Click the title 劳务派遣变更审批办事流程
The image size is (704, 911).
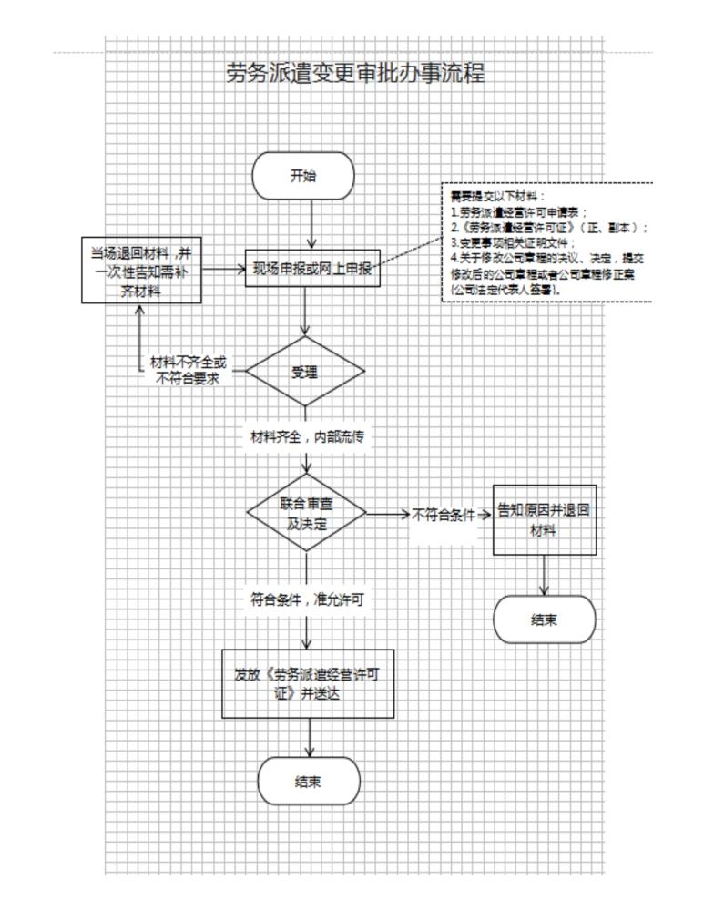[x=355, y=74]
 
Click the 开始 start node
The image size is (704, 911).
[x=303, y=176]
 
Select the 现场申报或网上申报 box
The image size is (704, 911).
[x=311, y=269]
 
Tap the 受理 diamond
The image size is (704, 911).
[x=304, y=372]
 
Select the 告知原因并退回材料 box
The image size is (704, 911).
[x=545, y=519]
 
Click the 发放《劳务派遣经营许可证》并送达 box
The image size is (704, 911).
[x=309, y=683]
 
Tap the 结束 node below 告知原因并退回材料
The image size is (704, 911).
[x=544, y=619]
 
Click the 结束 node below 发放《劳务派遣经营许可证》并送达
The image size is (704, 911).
[x=309, y=781]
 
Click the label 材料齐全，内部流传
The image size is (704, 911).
[x=306, y=436]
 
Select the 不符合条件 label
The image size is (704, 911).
[x=444, y=515]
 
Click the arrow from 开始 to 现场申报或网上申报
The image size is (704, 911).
[x=312, y=223]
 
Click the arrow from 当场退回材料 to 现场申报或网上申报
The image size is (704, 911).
[x=222, y=270]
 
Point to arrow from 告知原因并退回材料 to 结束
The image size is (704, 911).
[x=545, y=576]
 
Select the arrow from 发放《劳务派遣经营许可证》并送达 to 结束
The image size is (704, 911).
[x=311, y=737]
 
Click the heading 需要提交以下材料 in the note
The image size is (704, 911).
[x=492, y=196]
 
